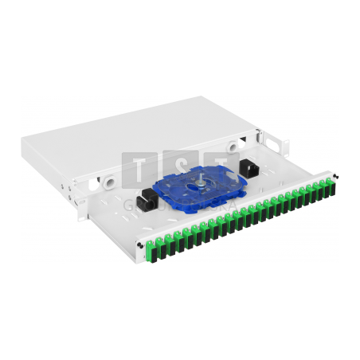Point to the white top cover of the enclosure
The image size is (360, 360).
click(135, 131)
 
